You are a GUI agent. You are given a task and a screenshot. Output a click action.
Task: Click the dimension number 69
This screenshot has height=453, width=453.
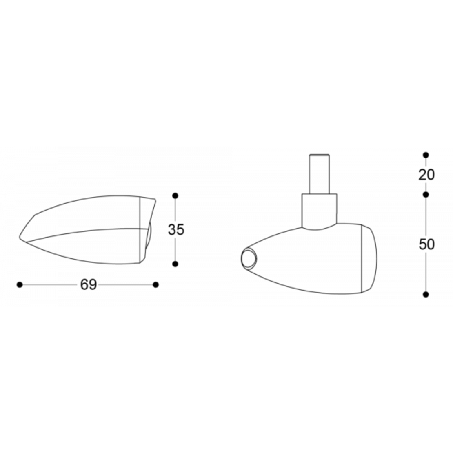click(89, 284)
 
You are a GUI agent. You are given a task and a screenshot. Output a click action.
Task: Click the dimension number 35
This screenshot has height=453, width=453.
click(176, 230)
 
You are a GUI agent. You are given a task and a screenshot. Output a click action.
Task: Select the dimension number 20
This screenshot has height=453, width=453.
click(426, 175)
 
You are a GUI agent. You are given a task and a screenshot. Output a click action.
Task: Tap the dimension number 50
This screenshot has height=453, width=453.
click(426, 244)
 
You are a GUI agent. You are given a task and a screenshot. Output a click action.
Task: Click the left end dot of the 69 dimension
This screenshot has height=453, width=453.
click(20, 285)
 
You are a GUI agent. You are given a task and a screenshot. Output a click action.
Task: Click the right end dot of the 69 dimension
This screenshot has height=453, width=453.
click(156, 285)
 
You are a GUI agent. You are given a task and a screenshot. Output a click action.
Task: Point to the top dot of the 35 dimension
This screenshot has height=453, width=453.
click(175, 196)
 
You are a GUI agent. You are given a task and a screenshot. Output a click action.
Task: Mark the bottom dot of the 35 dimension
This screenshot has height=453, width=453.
click(175, 264)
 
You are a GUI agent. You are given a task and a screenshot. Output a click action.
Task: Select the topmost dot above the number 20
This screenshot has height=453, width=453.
click(426, 155)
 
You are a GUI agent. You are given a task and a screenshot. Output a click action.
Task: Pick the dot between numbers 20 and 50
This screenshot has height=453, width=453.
click(426, 195)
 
